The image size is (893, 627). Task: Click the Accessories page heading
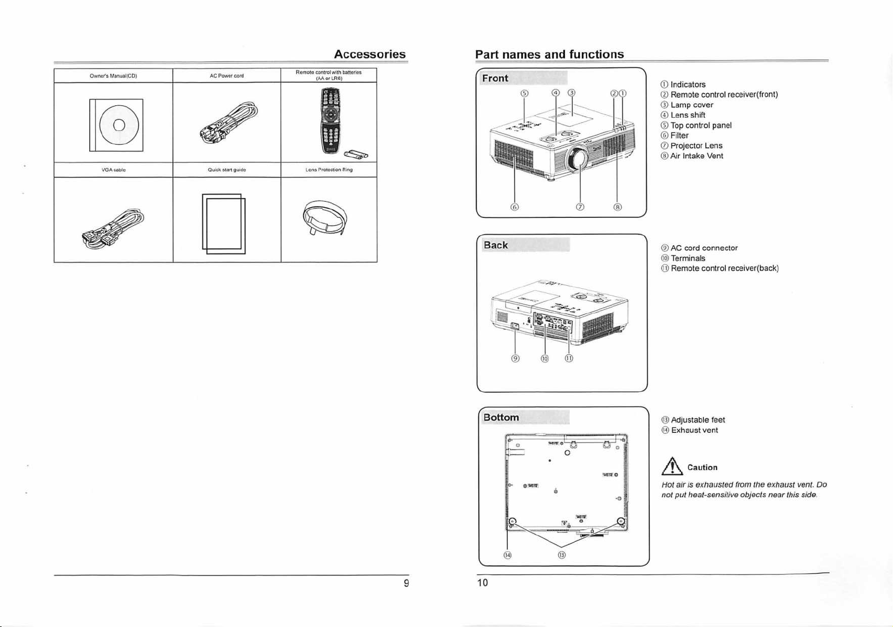pyautogui.click(x=369, y=54)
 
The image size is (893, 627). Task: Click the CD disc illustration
pyautogui.click(x=119, y=125)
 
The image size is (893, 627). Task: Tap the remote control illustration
pyautogui.click(x=331, y=120)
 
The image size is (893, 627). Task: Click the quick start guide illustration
pyautogui.click(x=224, y=224)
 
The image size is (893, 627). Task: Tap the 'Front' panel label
pyautogui.click(x=495, y=78)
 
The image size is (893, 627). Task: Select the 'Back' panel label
pyautogui.click(x=496, y=245)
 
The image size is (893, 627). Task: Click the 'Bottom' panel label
pyautogui.click(x=501, y=418)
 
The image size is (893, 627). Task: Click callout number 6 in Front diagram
pyautogui.click(x=515, y=207)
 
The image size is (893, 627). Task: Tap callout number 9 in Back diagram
pyautogui.click(x=516, y=358)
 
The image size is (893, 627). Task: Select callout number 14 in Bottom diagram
pyautogui.click(x=507, y=555)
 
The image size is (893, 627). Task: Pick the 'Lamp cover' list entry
pyautogui.click(x=692, y=105)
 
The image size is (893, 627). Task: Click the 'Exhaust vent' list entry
pyautogui.click(x=694, y=430)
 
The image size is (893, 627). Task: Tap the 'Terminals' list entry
pyautogui.click(x=688, y=258)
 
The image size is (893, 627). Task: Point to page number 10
pyautogui.click(x=483, y=582)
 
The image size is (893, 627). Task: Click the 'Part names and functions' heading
pyautogui.click(x=549, y=54)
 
